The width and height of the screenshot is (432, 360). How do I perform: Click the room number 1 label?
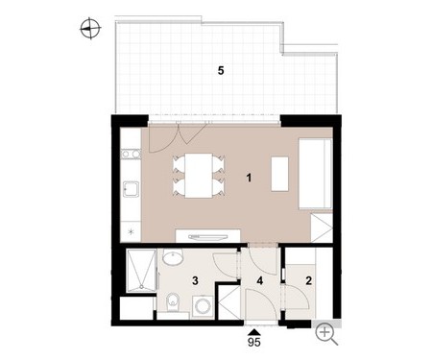coord(249,178)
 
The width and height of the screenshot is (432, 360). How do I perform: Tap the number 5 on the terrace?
coord(221,70)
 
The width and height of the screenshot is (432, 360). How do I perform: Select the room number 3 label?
coord(195,281)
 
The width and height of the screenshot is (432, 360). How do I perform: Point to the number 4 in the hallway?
coord(260,281)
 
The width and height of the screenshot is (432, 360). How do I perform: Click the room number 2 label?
coord(308,281)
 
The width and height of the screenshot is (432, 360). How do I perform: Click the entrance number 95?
coord(254,342)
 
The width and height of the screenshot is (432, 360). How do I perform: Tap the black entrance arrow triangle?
coord(254,332)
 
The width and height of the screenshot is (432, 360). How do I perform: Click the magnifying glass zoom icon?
coord(326,334)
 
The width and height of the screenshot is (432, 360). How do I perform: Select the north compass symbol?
coord(90,29)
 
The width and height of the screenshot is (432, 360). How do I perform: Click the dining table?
coord(199,176)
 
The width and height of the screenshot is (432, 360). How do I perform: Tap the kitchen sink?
coord(132,189)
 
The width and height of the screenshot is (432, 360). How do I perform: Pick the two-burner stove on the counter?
coord(131,155)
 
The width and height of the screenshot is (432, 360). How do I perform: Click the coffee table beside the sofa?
coord(279,174)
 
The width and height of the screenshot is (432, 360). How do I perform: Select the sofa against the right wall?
coord(316,174)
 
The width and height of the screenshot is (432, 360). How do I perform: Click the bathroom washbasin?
coord(173,256)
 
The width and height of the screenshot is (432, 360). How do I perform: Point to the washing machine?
coord(203,306)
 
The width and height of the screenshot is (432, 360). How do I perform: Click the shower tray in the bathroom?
coord(141,271)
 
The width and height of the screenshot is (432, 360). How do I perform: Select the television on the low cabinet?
coord(208,237)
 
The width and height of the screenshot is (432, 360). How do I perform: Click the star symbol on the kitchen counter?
coord(131,232)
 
